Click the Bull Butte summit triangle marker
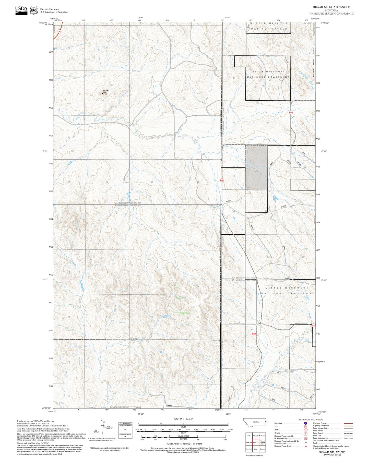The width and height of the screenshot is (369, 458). click(103, 93)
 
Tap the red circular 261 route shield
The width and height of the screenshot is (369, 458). click(59, 31)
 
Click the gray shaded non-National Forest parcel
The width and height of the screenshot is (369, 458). click(256, 167)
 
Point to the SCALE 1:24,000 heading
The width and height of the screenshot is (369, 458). click(183, 419)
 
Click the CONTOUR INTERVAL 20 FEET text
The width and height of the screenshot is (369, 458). click(184, 444)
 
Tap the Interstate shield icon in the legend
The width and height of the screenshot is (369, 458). click(305, 423)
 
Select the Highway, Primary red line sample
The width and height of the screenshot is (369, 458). click(348, 423)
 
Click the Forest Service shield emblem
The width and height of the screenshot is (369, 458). click(34, 10)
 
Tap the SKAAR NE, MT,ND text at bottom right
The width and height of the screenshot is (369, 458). click(332, 452)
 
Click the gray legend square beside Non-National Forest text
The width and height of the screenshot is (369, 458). click(19, 430)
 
